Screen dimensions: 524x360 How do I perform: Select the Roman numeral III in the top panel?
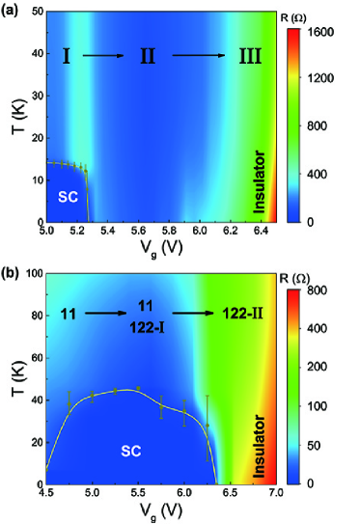click(x=254, y=57)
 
